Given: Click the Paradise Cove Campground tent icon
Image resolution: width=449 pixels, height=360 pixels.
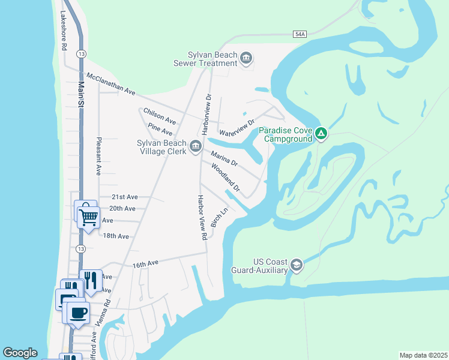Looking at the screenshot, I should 321,133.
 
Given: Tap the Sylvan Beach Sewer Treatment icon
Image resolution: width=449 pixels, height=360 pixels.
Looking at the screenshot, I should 246,58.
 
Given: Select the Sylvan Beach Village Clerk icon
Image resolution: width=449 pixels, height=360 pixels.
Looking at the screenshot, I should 196,146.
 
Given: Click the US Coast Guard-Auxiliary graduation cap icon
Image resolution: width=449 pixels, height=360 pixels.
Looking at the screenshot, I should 296,265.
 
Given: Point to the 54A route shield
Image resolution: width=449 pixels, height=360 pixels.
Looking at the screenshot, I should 301,35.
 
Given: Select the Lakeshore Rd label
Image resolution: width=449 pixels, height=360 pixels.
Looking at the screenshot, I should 62,32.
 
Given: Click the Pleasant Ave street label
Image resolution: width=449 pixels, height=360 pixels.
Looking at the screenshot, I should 98,156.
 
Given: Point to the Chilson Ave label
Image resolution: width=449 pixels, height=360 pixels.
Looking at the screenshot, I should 160,115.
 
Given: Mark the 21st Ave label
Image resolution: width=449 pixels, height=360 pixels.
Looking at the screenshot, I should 125,197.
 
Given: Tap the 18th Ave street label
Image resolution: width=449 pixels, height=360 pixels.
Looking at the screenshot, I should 116,236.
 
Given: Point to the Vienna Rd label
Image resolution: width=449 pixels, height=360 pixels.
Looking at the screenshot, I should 107,312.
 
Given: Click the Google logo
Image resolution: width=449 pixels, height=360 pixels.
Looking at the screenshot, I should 20,353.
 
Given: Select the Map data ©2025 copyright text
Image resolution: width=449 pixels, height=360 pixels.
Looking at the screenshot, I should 423,355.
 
